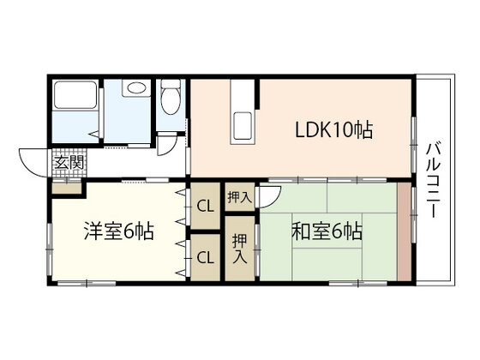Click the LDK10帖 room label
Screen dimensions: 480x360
[333, 130]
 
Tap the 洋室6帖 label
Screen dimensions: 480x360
[119, 231]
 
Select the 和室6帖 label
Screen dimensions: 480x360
[327, 231]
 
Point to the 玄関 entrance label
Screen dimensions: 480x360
[69, 163]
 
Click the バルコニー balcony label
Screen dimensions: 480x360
[433, 181]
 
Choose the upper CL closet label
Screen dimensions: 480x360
[205, 207]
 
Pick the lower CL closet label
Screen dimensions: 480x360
[205, 258]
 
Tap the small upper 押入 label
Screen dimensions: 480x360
[240, 197]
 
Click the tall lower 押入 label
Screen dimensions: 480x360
[240, 249]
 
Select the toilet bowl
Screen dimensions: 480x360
[171, 98]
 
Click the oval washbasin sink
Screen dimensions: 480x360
[135, 88]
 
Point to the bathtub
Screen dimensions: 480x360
[75, 95]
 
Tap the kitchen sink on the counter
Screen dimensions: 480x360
[243, 126]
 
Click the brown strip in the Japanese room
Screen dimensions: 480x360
[405, 231]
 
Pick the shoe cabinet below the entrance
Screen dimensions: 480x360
[67, 188]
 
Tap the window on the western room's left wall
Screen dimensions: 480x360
[49, 249]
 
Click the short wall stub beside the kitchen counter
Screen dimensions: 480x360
[258, 93]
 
